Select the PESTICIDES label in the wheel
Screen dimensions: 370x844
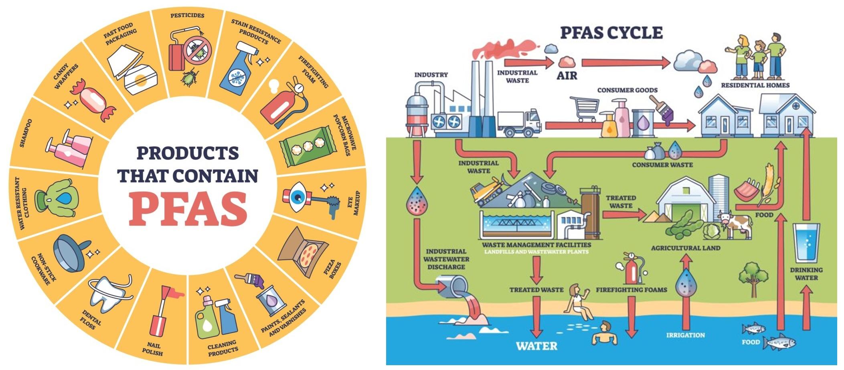tap(187, 16)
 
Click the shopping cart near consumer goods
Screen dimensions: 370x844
tap(584, 108)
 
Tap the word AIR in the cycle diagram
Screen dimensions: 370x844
tap(567, 75)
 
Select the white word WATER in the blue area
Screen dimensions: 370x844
tap(536, 346)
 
